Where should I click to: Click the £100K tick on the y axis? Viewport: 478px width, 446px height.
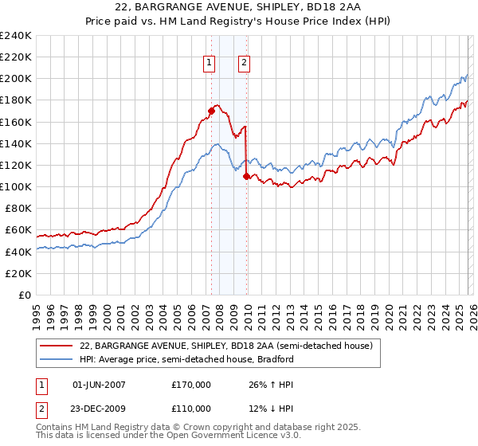tap(16, 186)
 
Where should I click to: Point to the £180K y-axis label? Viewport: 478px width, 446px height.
tap(16, 100)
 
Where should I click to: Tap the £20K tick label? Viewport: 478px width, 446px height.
tap(18, 272)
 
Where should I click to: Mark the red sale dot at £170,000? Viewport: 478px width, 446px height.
tap(211, 111)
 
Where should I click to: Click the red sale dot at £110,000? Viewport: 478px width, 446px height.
tap(247, 176)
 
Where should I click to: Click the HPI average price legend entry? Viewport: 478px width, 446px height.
tap(186, 359)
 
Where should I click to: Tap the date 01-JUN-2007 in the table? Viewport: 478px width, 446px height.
tap(100, 384)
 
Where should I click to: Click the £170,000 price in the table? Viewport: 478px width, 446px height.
tap(191, 384)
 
